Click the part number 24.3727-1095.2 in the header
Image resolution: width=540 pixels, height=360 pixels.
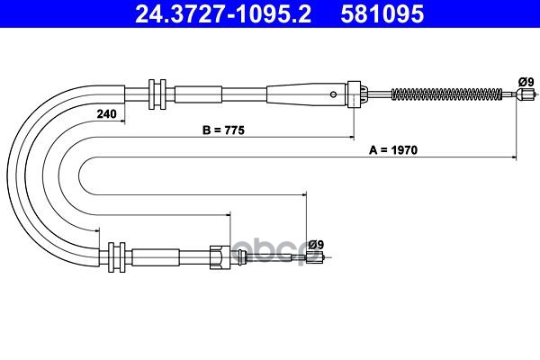(223, 14)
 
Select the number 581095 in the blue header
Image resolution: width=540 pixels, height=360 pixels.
(382, 14)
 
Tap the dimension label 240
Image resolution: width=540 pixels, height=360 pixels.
(106, 113)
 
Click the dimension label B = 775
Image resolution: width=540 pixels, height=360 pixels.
(223, 130)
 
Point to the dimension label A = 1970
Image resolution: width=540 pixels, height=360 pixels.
(393, 150)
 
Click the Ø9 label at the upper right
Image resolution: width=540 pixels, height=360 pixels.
(526, 82)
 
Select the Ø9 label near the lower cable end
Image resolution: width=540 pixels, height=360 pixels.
(316, 245)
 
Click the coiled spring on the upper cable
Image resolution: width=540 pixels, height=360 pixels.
(446, 94)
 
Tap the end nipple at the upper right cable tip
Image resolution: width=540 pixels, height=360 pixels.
(526, 94)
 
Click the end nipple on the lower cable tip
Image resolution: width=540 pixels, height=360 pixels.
(315, 257)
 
